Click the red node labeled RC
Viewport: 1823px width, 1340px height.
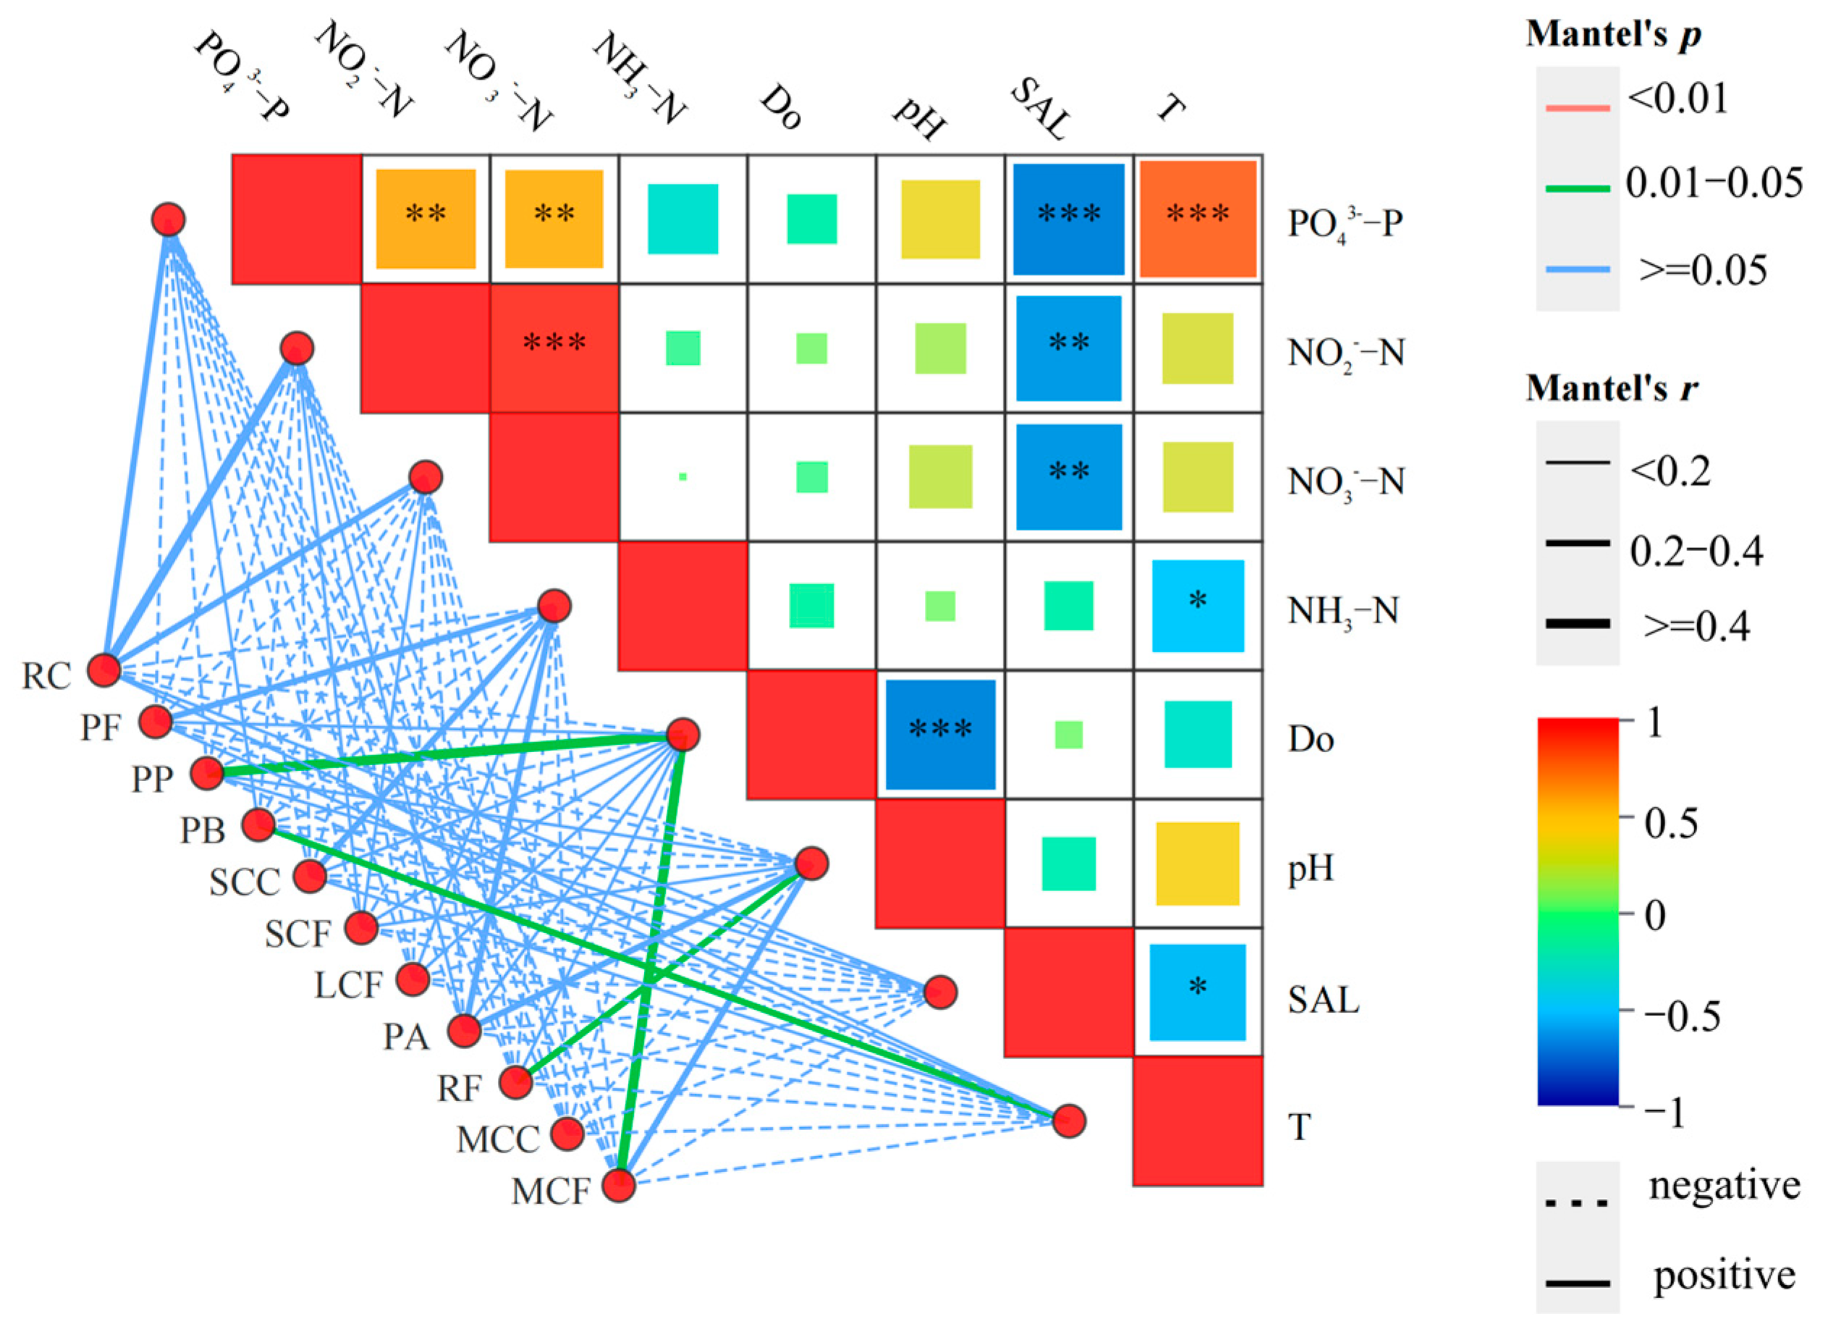point(103,670)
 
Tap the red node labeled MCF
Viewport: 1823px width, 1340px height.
point(619,1185)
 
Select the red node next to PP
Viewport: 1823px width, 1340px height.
point(207,774)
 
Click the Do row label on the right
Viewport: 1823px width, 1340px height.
point(1311,740)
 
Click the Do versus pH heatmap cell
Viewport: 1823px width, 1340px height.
point(940,734)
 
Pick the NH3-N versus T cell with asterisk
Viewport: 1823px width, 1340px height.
point(1198,605)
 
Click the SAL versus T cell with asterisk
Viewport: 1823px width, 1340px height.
point(1198,991)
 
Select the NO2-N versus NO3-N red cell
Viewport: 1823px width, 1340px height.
point(554,348)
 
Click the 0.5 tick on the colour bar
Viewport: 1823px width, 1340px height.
point(1670,822)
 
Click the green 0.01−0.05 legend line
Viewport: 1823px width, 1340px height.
point(1577,189)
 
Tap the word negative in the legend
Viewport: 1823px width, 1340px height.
point(1724,1186)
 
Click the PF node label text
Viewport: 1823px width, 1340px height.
point(101,728)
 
